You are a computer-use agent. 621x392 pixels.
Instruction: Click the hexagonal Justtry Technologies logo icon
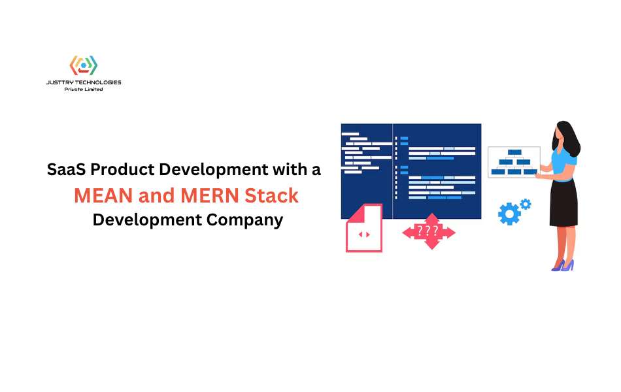pyautogui.click(x=83, y=65)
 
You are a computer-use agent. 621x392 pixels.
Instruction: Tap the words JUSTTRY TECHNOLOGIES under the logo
pyautogui.click(x=84, y=82)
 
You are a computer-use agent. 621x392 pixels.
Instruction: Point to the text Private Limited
pyautogui.click(x=84, y=90)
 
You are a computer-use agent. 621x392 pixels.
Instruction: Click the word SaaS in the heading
pyautogui.click(x=67, y=169)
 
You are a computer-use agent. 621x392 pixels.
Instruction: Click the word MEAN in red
pyautogui.click(x=103, y=195)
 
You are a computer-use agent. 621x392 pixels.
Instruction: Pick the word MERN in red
pyautogui.click(x=210, y=195)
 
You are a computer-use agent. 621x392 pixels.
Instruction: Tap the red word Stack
pyautogui.click(x=271, y=195)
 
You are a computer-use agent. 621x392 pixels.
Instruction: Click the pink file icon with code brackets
pyautogui.click(x=364, y=227)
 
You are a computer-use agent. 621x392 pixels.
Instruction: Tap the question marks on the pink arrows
pyautogui.click(x=428, y=231)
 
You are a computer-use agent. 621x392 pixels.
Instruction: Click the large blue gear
pyautogui.click(x=509, y=214)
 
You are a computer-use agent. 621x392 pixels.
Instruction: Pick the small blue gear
pyautogui.click(x=526, y=204)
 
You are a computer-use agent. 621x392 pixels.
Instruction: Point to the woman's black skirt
pyautogui.click(x=563, y=203)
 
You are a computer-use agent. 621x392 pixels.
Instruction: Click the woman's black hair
pyautogui.click(x=568, y=139)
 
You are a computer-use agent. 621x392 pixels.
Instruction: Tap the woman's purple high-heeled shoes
pyautogui.click(x=563, y=265)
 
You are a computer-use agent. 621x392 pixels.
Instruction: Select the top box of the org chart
pyautogui.click(x=514, y=152)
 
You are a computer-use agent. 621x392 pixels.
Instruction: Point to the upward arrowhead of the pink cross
pyautogui.click(x=431, y=218)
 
